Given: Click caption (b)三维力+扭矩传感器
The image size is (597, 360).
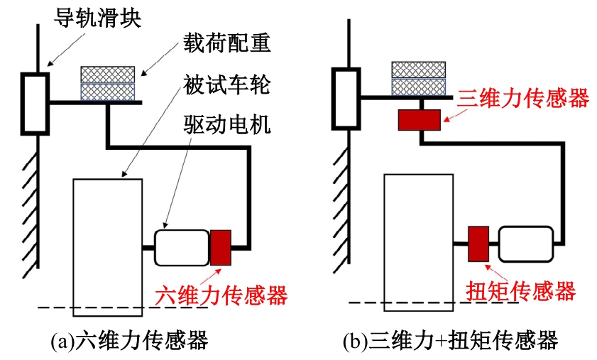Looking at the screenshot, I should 450,342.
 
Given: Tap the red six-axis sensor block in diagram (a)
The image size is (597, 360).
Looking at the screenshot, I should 221,246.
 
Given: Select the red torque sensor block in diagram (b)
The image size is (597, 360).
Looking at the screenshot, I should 478,244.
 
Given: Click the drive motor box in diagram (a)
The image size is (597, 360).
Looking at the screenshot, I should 182,246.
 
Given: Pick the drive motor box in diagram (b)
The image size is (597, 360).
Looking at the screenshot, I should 526,244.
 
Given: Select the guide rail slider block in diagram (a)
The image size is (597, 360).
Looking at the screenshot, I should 34,104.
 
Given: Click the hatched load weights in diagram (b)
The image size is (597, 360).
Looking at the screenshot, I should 419,77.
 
